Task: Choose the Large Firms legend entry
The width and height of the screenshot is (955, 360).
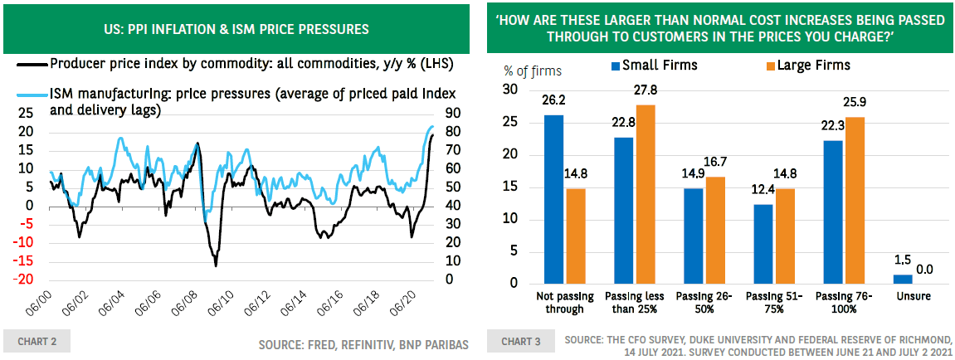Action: point(806,65)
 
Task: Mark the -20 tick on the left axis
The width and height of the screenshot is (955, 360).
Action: point(25,280)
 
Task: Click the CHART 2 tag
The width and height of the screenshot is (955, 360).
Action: point(37,341)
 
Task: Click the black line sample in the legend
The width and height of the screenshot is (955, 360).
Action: point(32,64)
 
